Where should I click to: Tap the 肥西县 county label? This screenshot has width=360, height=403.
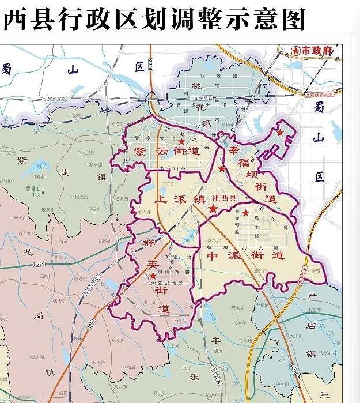pos(225,198)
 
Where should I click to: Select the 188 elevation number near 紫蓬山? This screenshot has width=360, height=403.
pos(37,194)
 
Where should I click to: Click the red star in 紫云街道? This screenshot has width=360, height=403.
pos(181,141)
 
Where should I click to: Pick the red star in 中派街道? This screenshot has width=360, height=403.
pos(246,213)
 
